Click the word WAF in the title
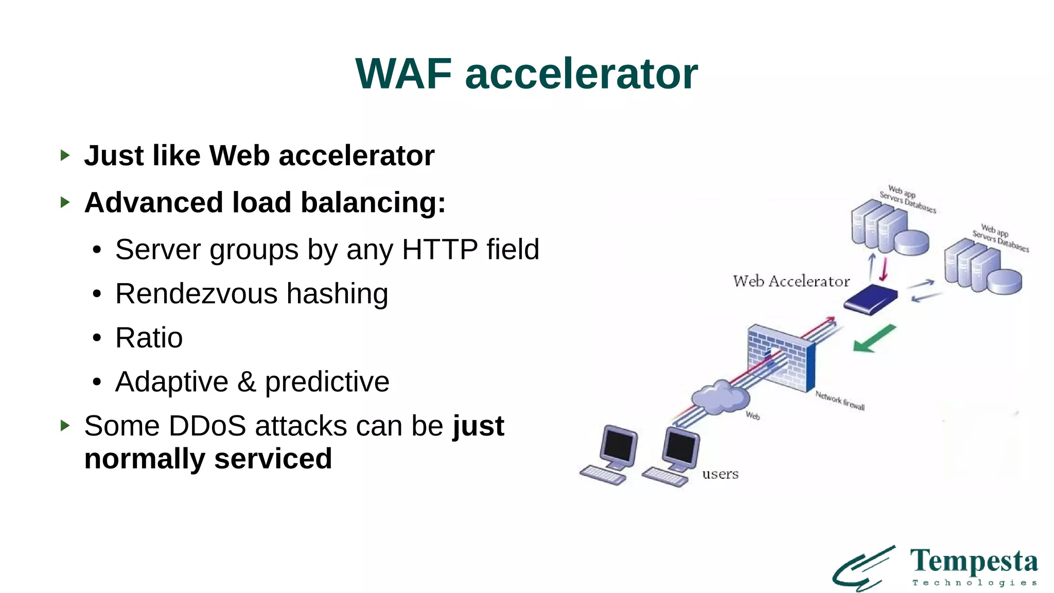pyautogui.click(x=403, y=74)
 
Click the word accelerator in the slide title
pyautogui.click(x=581, y=74)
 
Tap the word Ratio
pyautogui.click(x=149, y=338)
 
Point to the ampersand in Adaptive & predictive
pyautogui.click(x=247, y=382)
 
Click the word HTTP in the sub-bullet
pyautogui.click(x=440, y=250)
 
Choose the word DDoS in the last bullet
pyautogui.click(x=208, y=426)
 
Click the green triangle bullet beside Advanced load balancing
pyautogui.click(x=65, y=202)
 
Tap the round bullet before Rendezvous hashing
pyautogui.click(x=97, y=294)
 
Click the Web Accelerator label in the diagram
pyautogui.click(x=791, y=282)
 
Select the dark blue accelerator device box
pyautogui.click(x=871, y=299)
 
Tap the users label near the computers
pyautogui.click(x=720, y=474)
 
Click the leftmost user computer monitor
pyautogui.click(x=619, y=445)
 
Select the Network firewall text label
pyautogui.click(x=839, y=400)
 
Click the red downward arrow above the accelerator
pyautogui.click(x=884, y=268)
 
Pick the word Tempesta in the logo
pyautogui.click(x=974, y=562)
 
